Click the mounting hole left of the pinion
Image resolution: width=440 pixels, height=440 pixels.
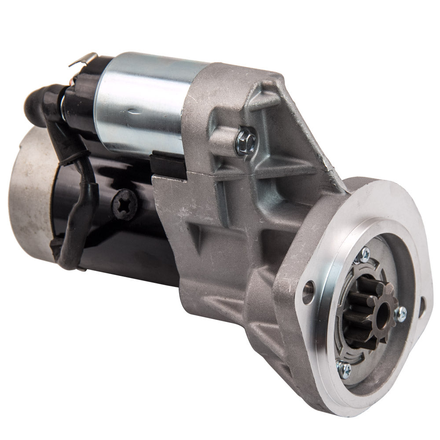(311, 286)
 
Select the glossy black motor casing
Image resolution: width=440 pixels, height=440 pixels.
(132, 238)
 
